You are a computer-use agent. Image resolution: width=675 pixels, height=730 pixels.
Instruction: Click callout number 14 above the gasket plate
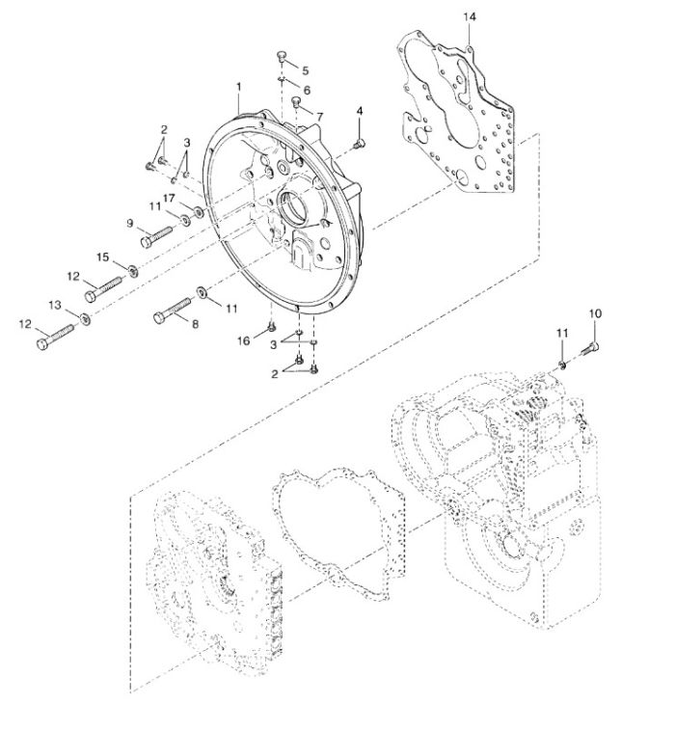tap(470, 17)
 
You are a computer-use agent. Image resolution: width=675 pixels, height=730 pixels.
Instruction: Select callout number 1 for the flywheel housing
tap(239, 87)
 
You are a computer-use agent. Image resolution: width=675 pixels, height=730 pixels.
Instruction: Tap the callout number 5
tap(306, 70)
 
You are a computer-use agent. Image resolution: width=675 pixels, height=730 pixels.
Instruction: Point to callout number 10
tap(595, 313)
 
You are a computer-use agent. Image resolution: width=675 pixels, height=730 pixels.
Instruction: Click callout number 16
tap(244, 341)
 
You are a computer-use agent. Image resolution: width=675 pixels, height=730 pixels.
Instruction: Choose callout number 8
tap(195, 324)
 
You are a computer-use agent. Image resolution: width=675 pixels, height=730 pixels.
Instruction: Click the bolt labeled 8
tap(173, 311)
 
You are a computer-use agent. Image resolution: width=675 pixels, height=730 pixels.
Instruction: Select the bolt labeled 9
tap(157, 236)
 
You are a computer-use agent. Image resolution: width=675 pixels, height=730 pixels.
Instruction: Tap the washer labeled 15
tap(133, 270)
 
